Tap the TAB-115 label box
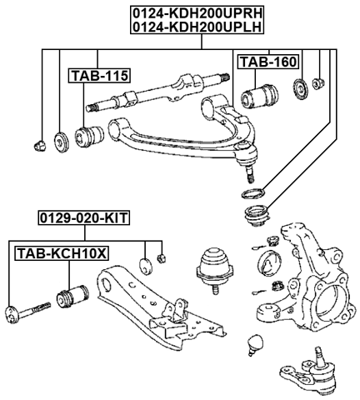coord(98,76)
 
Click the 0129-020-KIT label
coord(82,219)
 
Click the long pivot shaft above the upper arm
coord(158,93)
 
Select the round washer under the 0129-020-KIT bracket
coord(145,265)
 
